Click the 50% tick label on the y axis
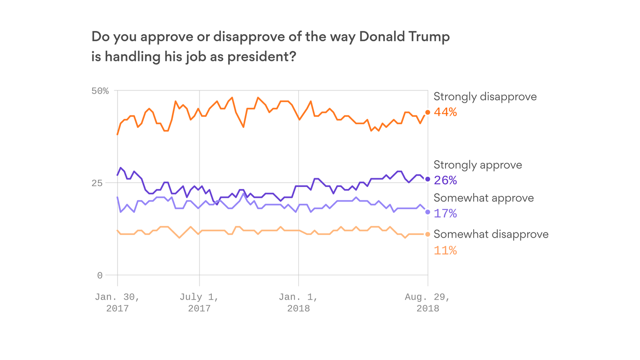click(x=99, y=90)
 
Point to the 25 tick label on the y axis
click(x=102, y=183)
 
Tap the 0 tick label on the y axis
click(x=99, y=275)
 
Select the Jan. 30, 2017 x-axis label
click(x=117, y=302)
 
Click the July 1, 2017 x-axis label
click(x=199, y=302)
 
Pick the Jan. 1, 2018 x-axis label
click(x=298, y=302)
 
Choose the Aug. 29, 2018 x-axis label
click(x=428, y=302)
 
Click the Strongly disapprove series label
click(x=485, y=97)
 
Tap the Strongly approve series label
click(x=477, y=165)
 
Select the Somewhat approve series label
click(x=484, y=198)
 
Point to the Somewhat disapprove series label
click(x=491, y=234)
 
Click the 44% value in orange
click(x=445, y=112)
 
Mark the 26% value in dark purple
click(x=445, y=180)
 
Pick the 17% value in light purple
click(x=445, y=213)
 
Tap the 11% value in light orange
click(x=445, y=250)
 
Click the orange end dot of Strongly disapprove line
click(x=428, y=112)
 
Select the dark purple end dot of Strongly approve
click(x=428, y=179)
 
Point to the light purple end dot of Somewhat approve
click(x=428, y=212)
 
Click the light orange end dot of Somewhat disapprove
click(x=428, y=234)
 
